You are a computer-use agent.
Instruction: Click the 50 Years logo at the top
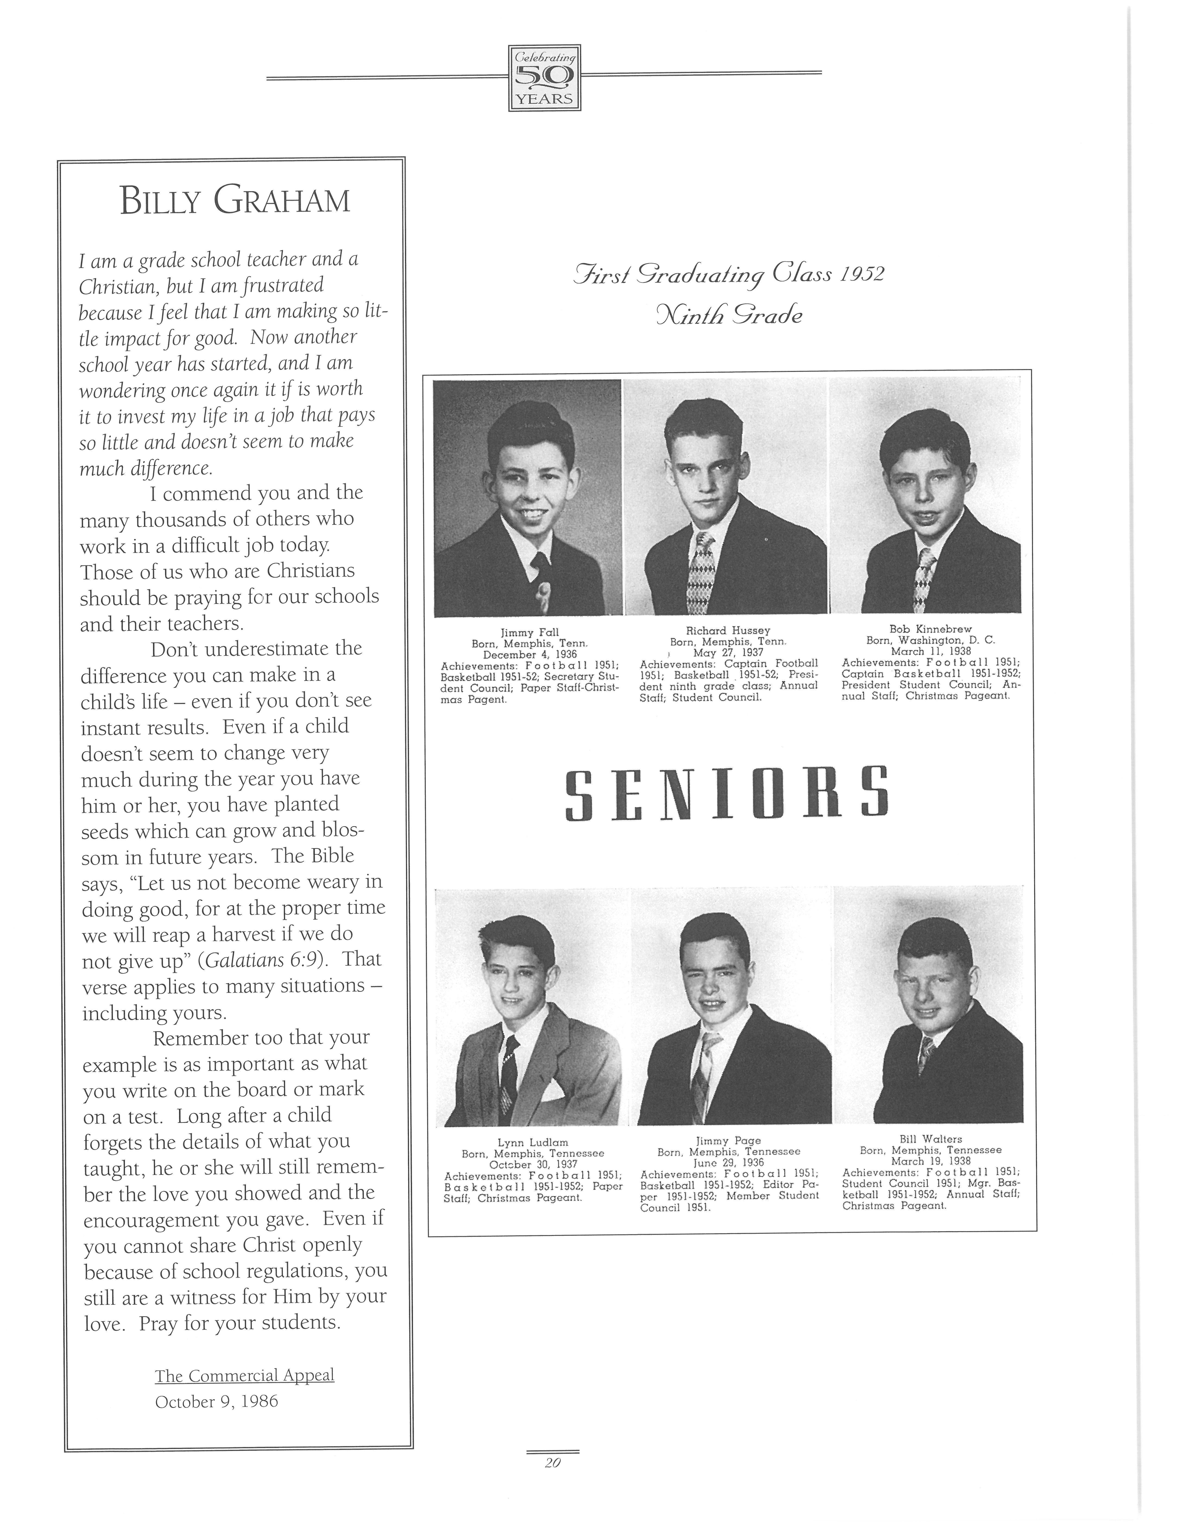tap(544, 78)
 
